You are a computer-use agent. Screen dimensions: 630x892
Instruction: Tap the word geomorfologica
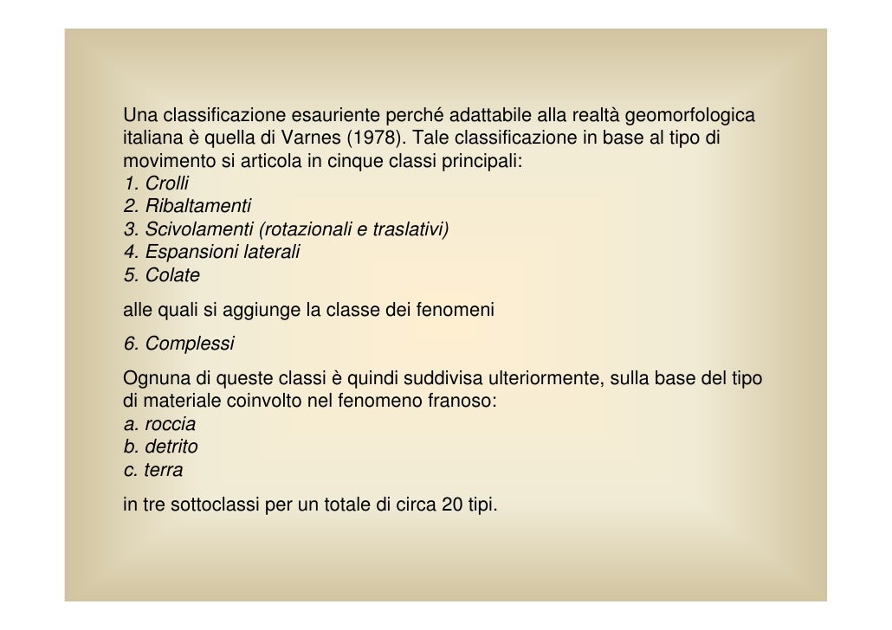pos(689,115)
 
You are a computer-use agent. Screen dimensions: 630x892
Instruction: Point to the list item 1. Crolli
pos(156,183)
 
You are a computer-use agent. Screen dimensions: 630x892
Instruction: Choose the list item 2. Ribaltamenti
pos(187,206)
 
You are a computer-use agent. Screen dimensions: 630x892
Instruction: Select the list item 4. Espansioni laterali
pos(211,252)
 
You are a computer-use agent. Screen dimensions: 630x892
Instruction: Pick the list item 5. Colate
pos(161,275)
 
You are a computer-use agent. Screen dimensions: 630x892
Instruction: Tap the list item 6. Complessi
pos(178,344)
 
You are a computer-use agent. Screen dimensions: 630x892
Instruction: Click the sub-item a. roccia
pos(159,424)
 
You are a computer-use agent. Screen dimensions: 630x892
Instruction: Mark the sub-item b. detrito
pos(160,447)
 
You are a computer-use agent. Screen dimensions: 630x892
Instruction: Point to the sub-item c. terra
pos(153,470)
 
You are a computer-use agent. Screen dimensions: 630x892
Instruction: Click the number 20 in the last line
pos(451,505)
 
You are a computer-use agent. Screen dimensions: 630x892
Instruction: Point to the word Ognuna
pos(152,378)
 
